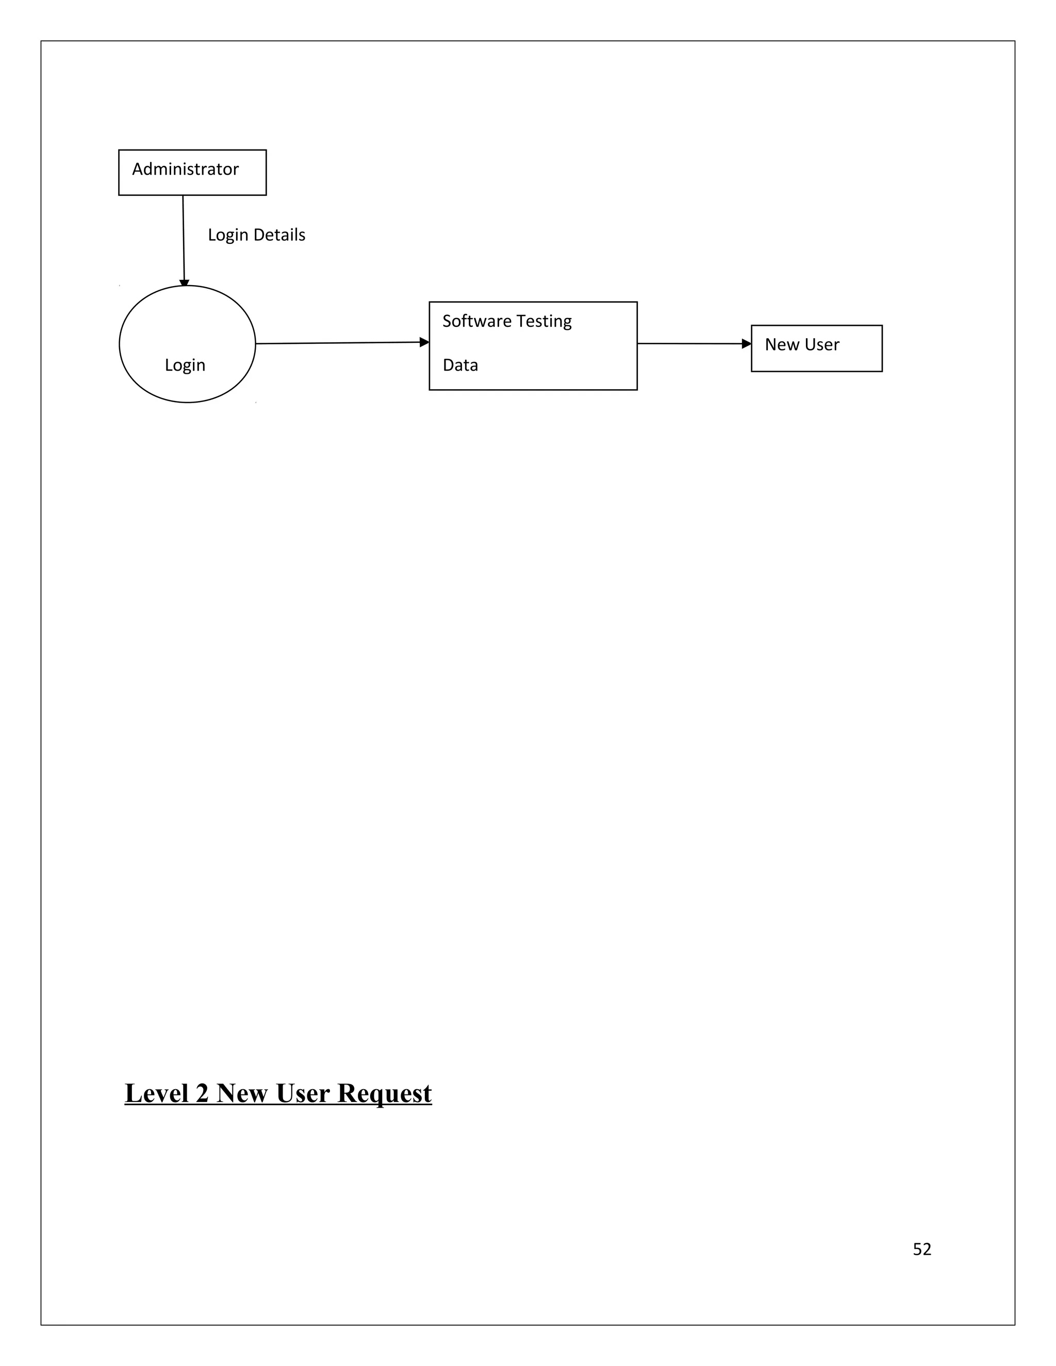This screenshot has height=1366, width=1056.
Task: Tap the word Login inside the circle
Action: (x=185, y=365)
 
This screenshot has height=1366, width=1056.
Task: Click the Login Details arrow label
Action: (x=256, y=235)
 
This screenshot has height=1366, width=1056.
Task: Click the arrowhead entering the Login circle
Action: (x=184, y=284)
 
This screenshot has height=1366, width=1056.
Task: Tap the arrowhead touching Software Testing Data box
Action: (x=424, y=342)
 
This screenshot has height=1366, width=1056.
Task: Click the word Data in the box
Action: (x=460, y=365)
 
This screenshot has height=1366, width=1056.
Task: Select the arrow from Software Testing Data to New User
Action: (x=688, y=343)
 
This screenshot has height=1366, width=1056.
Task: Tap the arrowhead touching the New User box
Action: (x=746, y=343)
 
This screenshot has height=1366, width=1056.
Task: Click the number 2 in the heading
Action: (x=202, y=1093)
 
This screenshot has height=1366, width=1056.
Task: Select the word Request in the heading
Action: (x=384, y=1093)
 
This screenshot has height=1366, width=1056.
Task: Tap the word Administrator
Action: (x=185, y=170)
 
